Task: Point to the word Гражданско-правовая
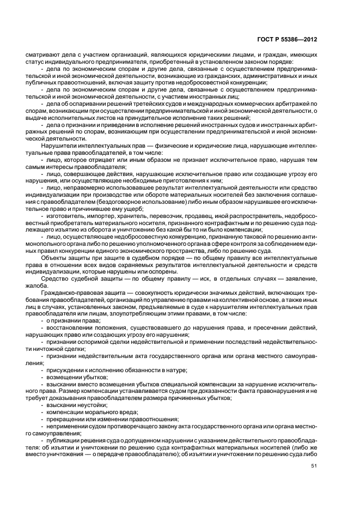click(x=71, y=293)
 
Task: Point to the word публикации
click(x=63, y=440)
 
